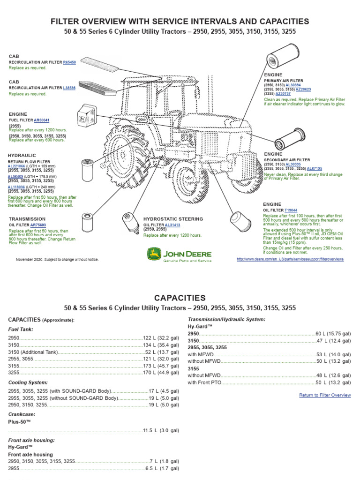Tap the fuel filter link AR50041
42,120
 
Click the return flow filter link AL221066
17,166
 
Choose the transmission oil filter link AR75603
38,225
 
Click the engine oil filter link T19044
291,210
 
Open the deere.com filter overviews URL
290,259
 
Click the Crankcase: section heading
22,414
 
